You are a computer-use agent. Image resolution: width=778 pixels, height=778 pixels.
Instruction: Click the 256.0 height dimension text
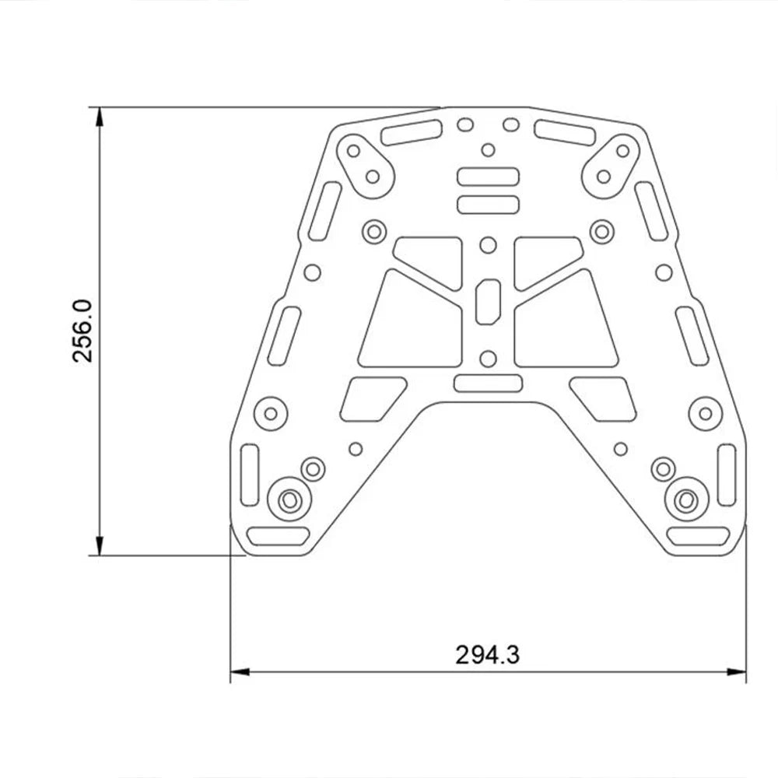(82, 331)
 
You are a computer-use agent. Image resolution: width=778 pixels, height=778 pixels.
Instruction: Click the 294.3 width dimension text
(487, 655)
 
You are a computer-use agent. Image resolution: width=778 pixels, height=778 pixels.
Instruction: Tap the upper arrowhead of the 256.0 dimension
(100, 117)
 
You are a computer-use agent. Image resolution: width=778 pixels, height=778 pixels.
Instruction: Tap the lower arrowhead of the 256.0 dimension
(100, 545)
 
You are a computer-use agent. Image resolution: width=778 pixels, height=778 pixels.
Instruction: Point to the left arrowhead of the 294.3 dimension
(240, 672)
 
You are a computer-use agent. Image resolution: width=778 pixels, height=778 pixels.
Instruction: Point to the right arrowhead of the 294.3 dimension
(736, 672)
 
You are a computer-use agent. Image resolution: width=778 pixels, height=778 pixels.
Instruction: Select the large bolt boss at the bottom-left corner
(289, 500)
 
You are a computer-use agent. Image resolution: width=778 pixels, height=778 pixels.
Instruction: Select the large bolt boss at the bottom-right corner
(686, 500)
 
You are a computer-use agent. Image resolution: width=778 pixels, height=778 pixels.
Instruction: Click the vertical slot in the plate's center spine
(489, 301)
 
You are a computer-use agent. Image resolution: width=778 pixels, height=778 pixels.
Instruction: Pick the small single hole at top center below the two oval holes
(489, 150)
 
